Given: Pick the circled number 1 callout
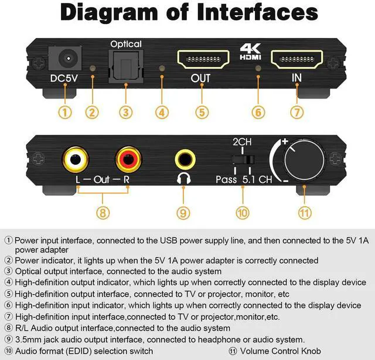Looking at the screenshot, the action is [66, 111].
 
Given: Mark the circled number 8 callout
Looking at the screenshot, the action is [103, 213].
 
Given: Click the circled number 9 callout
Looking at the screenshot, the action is [185, 213].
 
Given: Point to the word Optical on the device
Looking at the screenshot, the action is [126, 44].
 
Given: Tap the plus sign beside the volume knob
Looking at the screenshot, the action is [285, 141].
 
